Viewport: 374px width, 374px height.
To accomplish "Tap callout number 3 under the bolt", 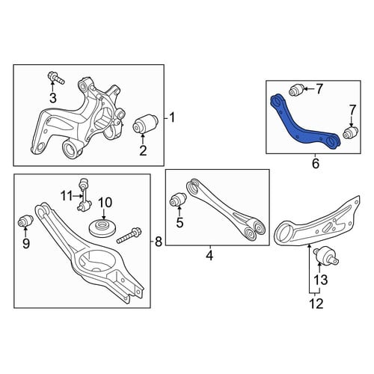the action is [53, 98].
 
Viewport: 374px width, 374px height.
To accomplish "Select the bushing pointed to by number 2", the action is [145, 124].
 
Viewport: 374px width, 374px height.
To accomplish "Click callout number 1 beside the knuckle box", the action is [171, 117].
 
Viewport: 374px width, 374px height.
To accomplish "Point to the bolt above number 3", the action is [55, 77].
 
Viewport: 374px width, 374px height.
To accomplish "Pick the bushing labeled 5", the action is [178, 200].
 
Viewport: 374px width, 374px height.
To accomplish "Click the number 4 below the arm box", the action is [210, 256].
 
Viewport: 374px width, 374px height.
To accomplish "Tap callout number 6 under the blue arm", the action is [316, 164].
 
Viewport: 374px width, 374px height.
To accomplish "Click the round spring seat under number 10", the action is [102, 227].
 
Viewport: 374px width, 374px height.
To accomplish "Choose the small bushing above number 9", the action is [26, 221].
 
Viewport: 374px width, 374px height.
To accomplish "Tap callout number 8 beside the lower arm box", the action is [159, 242].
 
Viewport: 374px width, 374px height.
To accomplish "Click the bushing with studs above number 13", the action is [326, 257].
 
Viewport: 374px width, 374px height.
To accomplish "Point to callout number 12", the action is [316, 304].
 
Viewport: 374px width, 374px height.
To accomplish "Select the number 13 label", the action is [321, 280].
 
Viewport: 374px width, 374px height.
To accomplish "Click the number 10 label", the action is [105, 203].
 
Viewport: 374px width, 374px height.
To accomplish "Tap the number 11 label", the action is [67, 196].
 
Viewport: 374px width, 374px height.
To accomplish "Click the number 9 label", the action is [26, 244].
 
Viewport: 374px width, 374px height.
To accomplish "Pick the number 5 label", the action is [180, 223].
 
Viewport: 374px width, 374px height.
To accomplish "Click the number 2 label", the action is [143, 150].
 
